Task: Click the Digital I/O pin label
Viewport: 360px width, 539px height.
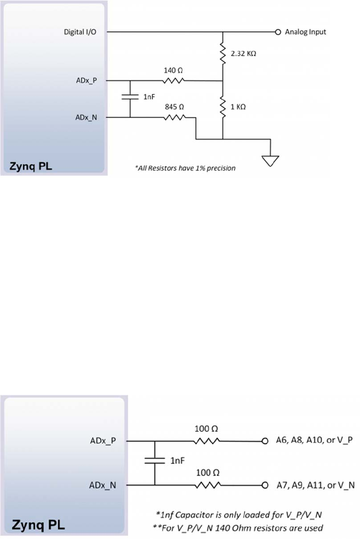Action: pyautogui.click(x=79, y=32)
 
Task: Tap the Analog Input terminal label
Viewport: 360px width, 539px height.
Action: pyautogui.click(x=305, y=32)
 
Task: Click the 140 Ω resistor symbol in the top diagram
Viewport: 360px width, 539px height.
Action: pyautogui.click(x=174, y=81)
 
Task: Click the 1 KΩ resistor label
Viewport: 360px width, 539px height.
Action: pyautogui.click(x=238, y=106)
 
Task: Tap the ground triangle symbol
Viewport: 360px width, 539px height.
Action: pyautogui.click(x=271, y=160)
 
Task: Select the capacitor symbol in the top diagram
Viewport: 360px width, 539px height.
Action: pyautogui.click(x=130, y=98)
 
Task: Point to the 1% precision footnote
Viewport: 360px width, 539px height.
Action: pyautogui.click(x=185, y=168)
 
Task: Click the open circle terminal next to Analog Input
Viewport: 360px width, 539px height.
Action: pyautogui.click(x=278, y=32)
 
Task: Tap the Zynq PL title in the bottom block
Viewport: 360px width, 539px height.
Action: pyautogui.click(x=38, y=526)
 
